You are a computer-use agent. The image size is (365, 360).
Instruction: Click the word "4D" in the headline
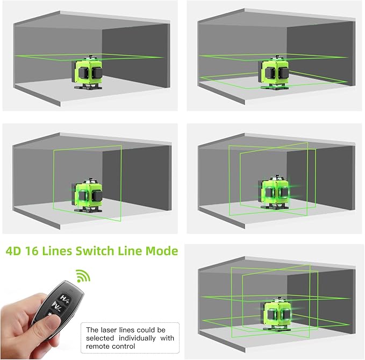click(x=16, y=251)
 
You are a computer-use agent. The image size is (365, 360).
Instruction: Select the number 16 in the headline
click(x=38, y=251)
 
